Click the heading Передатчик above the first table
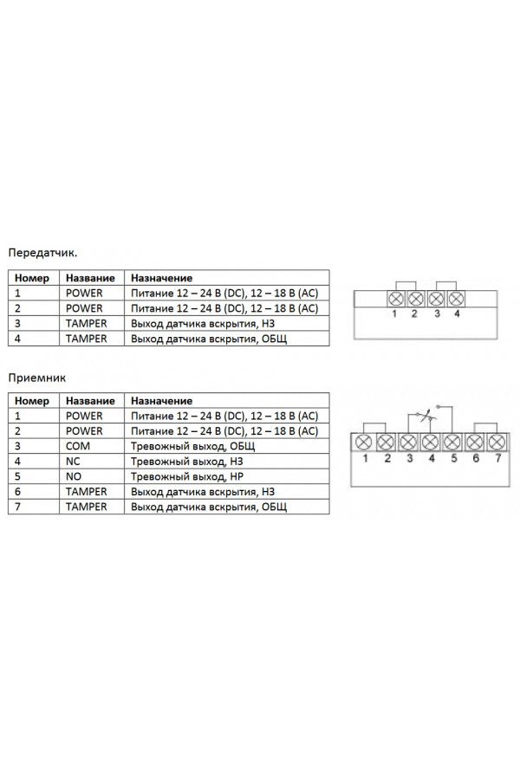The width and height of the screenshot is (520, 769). (x=42, y=253)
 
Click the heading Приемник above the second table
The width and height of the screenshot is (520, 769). (x=36, y=378)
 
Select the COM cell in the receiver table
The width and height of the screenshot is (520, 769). (x=78, y=446)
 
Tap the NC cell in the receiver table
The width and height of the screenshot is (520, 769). (x=73, y=462)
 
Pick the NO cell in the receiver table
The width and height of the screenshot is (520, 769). (x=73, y=476)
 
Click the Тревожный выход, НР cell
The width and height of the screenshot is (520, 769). (x=186, y=476)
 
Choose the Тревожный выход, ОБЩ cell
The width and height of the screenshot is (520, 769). (x=192, y=446)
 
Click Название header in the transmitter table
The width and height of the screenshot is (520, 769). (x=90, y=278)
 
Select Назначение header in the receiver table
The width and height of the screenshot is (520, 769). (x=161, y=401)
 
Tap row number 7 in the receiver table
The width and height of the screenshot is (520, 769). (x=17, y=507)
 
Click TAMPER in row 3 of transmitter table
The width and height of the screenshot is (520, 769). (x=86, y=324)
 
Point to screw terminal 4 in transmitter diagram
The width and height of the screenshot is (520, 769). (x=456, y=298)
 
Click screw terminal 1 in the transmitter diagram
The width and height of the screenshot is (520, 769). (x=396, y=298)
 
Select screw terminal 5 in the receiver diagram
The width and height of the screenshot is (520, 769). (x=452, y=443)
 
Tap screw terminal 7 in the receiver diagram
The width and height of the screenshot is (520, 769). (x=497, y=443)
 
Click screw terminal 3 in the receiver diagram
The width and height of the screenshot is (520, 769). (x=408, y=443)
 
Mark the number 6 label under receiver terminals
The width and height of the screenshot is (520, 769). (x=475, y=459)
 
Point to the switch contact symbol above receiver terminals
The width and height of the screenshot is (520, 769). (x=427, y=416)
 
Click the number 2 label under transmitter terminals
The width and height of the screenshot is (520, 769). (x=414, y=313)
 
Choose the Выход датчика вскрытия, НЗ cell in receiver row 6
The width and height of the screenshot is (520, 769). (x=202, y=492)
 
